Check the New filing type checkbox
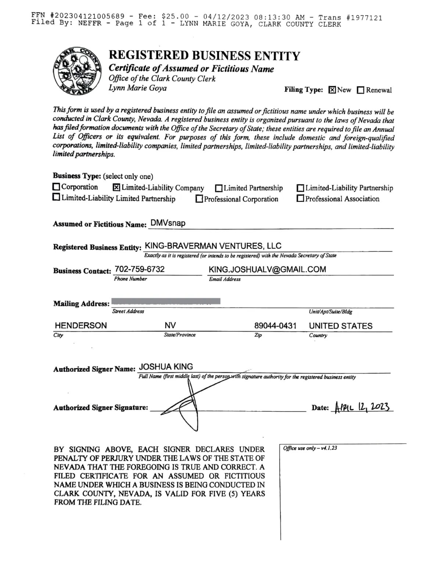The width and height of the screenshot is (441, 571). pyautogui.click(x=332, y=90)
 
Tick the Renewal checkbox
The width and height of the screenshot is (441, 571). pyautogui.click(x=361, y=90)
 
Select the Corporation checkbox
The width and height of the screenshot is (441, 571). pyautogui.click(x=56, y=187)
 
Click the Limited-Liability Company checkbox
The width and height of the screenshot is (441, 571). pyautogui.click(x=116, y=188)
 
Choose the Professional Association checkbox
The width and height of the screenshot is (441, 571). pyautogui.click(x=300, y=199)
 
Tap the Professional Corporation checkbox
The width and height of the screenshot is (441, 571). pyautogui.click(x=199, y=199)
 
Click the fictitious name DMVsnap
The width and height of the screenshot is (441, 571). pyautogui.click(x=168, y=223)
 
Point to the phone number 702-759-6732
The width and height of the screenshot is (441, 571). pyautogui.click(x=140, y=269)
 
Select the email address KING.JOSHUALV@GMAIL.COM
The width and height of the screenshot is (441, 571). pyautogui.click(x=267, y=269)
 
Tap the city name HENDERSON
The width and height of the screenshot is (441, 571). pyautogui.click(x=81, y=325)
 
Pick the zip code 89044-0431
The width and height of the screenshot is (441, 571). pyautogui.click(x=275, y=326)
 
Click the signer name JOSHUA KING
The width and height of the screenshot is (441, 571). pyautogui.click(x=166, y=367)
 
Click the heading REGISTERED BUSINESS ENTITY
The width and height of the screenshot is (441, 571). pyautogui.click(x=204, y=56)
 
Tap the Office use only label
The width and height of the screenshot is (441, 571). pyautogui.click(x=310, y=448)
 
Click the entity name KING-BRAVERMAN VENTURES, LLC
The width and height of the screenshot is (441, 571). pyautogui.click(x=214, y=246)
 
